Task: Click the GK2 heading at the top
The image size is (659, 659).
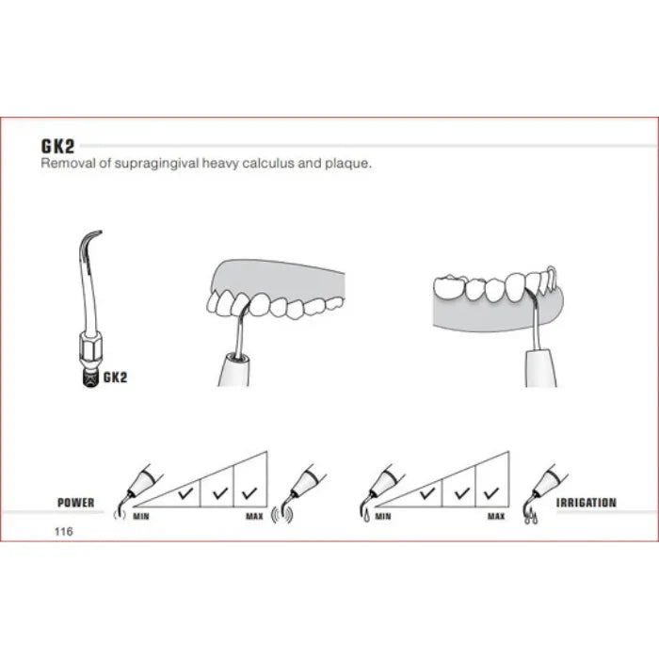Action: [x=57, y=146]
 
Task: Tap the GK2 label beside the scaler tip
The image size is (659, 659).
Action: [x=115, y=377]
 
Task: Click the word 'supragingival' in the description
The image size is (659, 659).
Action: [x=157, y=163]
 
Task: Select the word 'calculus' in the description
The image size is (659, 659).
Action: [x=268, y=163]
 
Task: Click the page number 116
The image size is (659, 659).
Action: [x=63, y=531]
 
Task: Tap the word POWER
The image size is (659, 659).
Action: [x=75, y=503]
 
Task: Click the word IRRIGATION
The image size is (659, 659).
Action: [x=587, y=503]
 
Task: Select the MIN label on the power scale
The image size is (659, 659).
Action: [x=141, y=516]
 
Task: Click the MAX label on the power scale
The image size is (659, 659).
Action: [x=254, y=516]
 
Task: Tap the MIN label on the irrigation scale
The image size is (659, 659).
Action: [x=383, y=516]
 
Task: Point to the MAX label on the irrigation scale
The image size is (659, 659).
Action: [x=496, y=516]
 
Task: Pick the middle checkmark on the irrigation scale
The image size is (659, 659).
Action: [x=462, y=492]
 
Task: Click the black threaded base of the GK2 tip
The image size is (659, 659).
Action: [x=90, y=378]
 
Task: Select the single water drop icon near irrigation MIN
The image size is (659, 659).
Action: [x=367, y=516]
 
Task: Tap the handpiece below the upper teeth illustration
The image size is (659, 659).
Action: [x=234, y=369]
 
